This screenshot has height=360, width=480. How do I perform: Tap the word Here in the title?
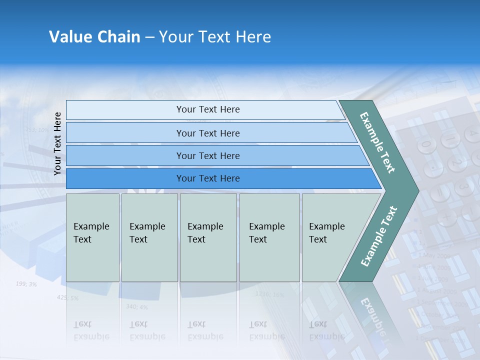point(253,37)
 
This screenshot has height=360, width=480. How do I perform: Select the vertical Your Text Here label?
point(57,143)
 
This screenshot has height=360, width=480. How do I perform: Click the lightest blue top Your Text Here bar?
point(207,109)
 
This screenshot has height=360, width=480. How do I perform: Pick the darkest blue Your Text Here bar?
point(207,178)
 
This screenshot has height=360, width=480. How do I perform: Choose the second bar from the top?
point(207,133)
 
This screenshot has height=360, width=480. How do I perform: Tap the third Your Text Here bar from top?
point(207,156)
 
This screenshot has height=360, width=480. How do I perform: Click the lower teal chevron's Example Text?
point(379,236)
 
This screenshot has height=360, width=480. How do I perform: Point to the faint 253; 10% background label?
point(37,130)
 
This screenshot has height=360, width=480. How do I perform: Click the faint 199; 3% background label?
point(26,284)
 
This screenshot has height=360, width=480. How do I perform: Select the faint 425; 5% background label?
point(67,298)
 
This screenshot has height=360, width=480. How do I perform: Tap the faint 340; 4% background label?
point(136,306)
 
